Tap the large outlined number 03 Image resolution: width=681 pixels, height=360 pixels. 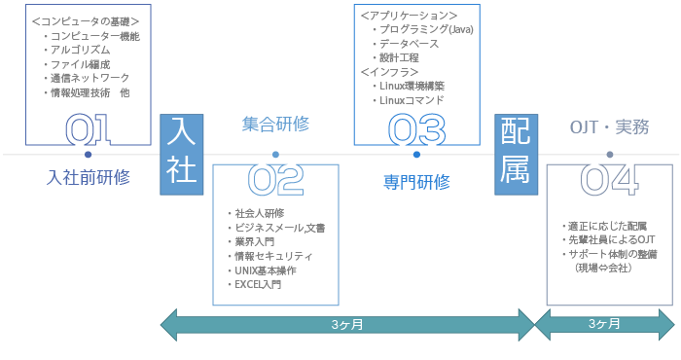[415, 128]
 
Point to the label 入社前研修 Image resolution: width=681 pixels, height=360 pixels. [88, 177]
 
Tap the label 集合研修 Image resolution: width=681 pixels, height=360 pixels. [276, 125]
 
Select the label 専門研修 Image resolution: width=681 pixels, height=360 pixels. [416, 181]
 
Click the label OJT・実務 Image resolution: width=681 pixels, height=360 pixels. [610, 126]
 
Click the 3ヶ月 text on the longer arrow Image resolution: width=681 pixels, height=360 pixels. [346, 324]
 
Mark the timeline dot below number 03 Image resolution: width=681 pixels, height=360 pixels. [416, 154]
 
